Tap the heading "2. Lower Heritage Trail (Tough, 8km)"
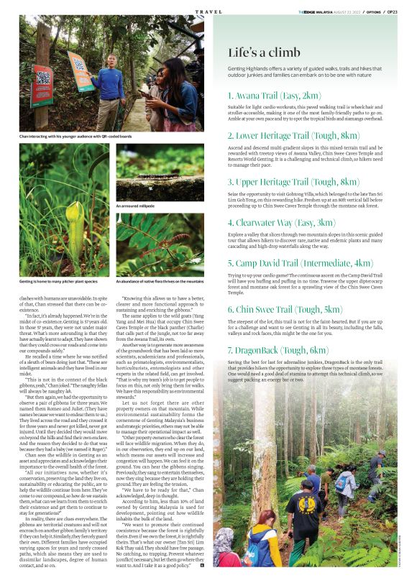pyautogui.click(x=293, y=135)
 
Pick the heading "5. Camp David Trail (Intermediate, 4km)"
pyautogui.click(x=301, y=263)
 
